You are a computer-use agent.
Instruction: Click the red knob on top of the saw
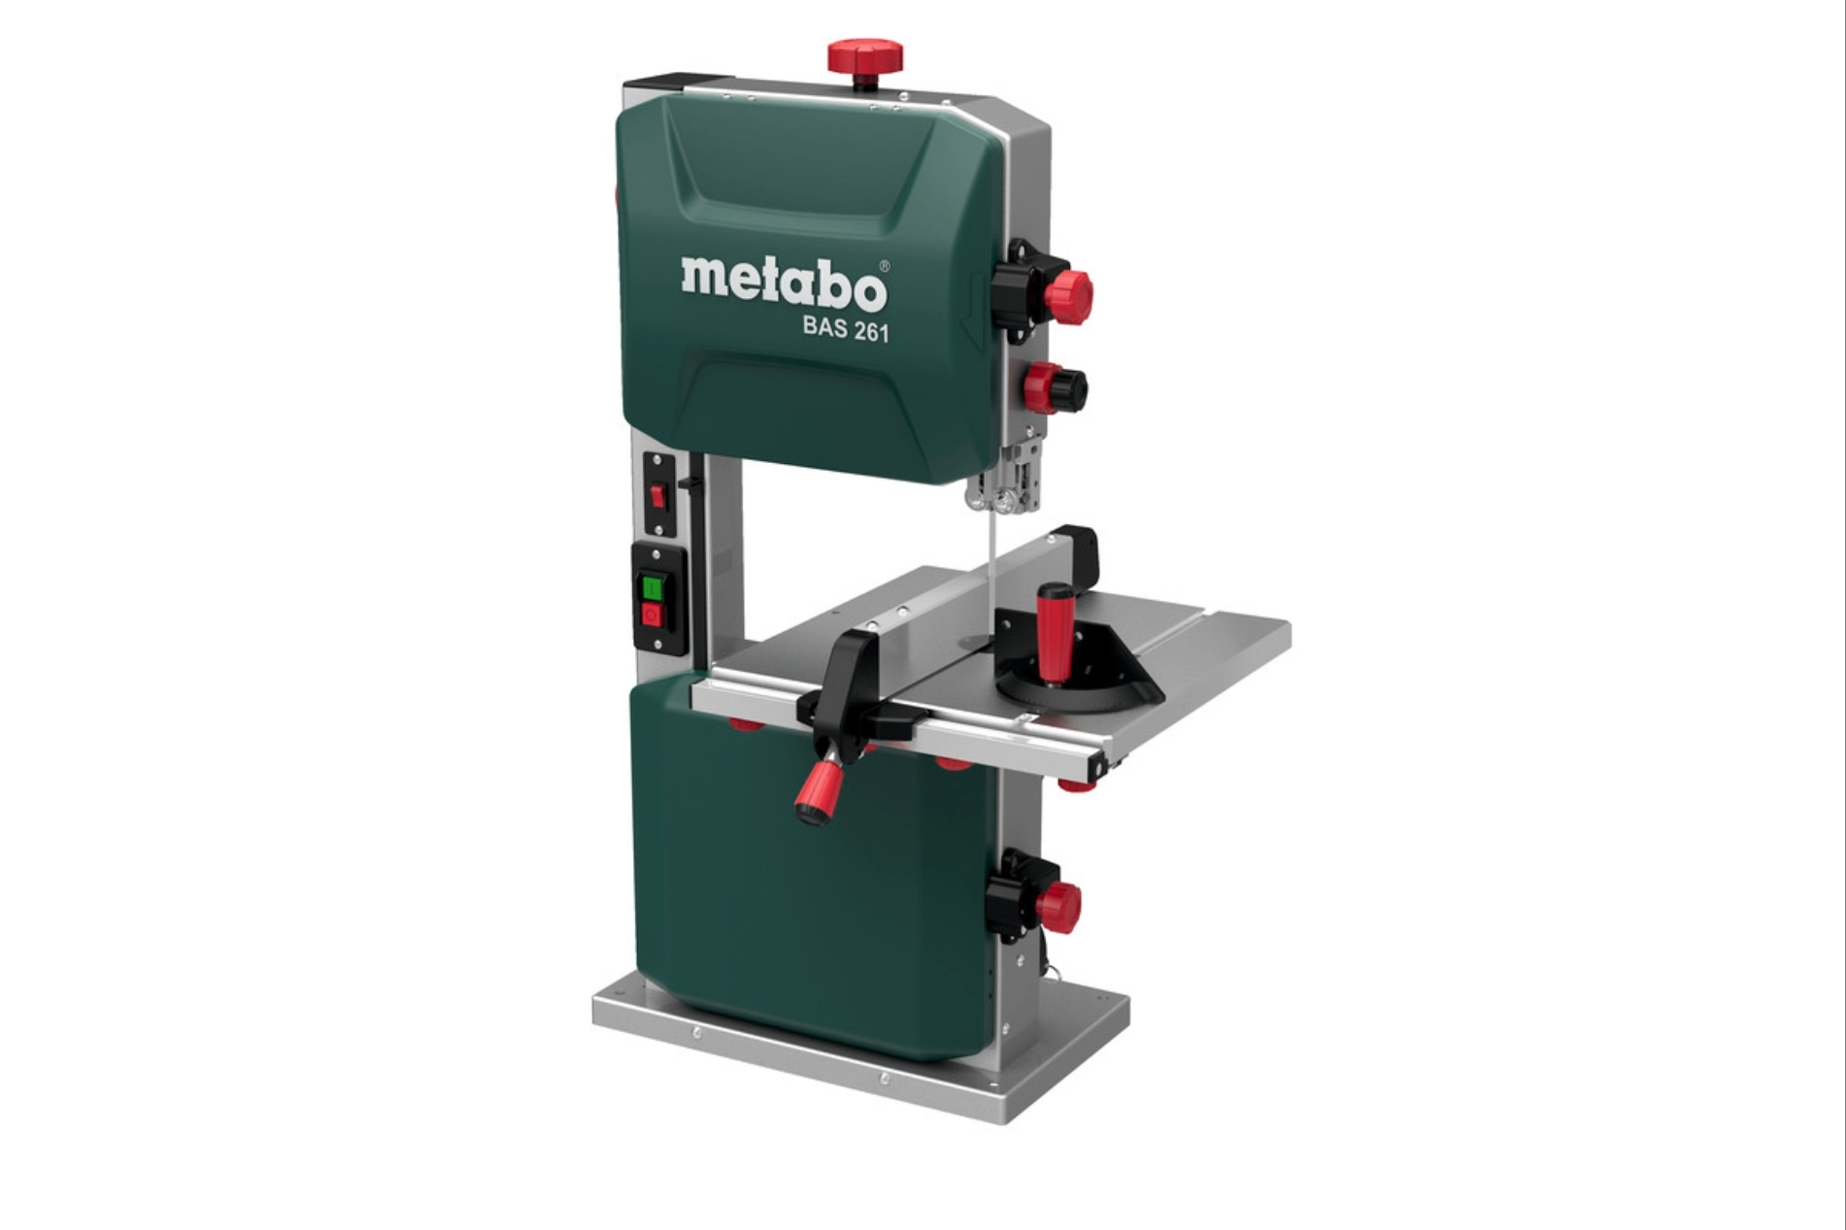click(x=864, y=55)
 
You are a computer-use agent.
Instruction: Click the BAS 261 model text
click(x=845, y=330)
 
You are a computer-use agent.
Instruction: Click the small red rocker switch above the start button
click(x=657, y=497)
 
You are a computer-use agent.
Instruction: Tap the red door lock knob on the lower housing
click(x=1057, y=907)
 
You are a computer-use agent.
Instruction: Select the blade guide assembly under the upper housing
click(x=1005, y=481)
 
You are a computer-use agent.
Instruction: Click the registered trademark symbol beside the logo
click(x=884, y=265)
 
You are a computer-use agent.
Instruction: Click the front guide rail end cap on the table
click(x=1101, y=768)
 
